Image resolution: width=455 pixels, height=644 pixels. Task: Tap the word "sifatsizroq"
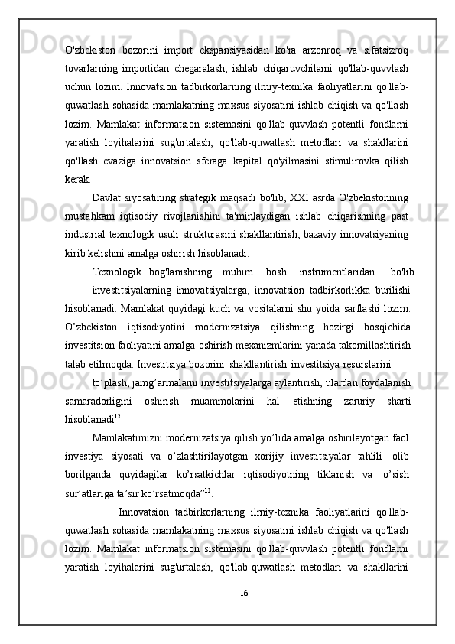point(387,51)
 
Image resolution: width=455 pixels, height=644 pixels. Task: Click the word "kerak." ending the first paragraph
point(77,179)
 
